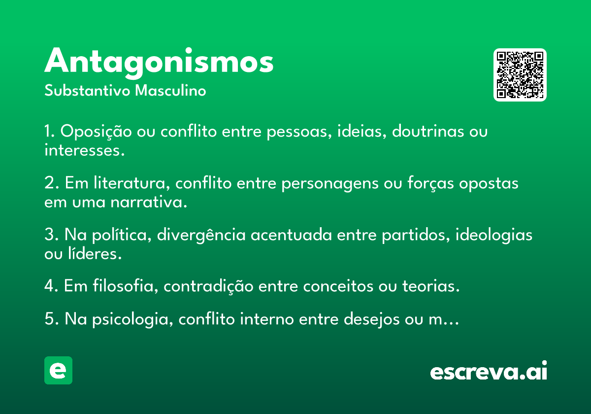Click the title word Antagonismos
tap(159, 63)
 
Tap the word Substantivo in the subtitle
tap(87, 90)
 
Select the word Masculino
tap(170, 90)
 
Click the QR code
tap(520, 75)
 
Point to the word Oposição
tap(96, 132)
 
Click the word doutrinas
tap(427, 131)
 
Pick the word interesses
tap(84, 150)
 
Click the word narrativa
tap(149, 202)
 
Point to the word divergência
tap(201, 235)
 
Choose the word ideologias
tap(494, 235)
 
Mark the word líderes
tap(95, 253)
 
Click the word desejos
tap(372, 319)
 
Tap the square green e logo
tap(58, 370)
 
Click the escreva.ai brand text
tap(489, 371)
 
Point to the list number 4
tap(49, 286)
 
